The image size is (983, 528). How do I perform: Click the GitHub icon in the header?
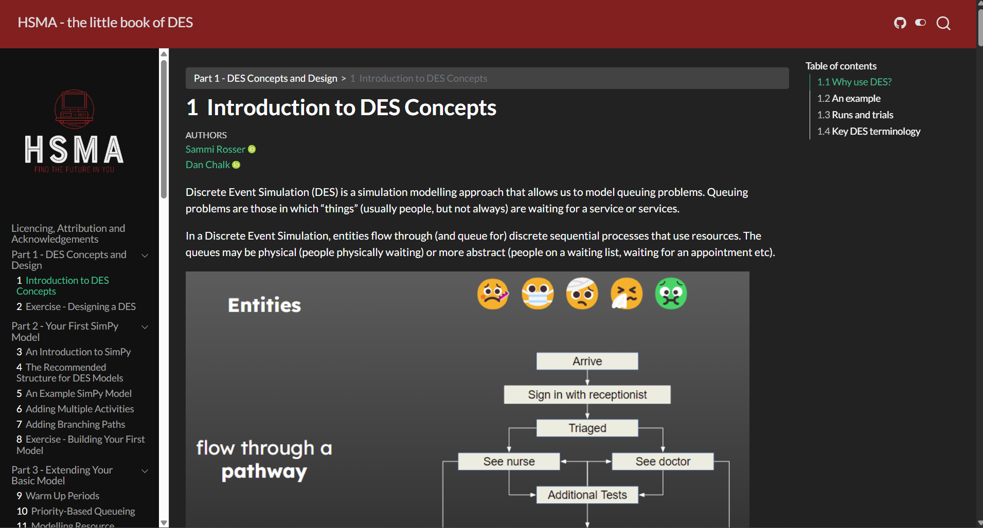click(x=900, y=23)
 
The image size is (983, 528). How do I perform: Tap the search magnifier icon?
click(x=943, y=23)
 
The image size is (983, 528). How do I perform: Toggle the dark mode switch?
click(x=921, y=23)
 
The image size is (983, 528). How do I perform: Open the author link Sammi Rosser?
click(x=216, y=149)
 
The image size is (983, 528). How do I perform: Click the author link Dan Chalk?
click(x=208, y=165)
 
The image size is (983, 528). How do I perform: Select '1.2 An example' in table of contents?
click(x=849, y=98)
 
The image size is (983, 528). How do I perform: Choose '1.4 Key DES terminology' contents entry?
click(x=869, y=131)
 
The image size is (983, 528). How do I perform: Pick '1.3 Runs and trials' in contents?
click(x=855, y=115)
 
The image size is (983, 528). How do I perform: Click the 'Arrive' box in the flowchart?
click(x=587, y=361)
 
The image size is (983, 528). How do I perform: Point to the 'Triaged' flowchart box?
click(x=587, y=428)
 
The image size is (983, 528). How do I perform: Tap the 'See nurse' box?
click(x=509, y=461)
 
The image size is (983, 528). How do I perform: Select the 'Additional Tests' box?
click(x=587, y=495)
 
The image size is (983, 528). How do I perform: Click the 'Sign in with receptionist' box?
click(x=587, y=394)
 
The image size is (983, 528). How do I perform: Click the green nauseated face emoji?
click(x=671, y=294)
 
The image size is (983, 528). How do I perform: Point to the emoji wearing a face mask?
click(x=538, y=294)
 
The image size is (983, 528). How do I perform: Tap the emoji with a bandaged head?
click(x=582, y=294)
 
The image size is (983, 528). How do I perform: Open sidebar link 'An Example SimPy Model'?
click(x=79, y=393)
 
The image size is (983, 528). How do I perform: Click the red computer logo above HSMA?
click(x=75, y=109)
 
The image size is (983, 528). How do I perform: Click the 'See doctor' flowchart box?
click(x=663, y=461)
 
